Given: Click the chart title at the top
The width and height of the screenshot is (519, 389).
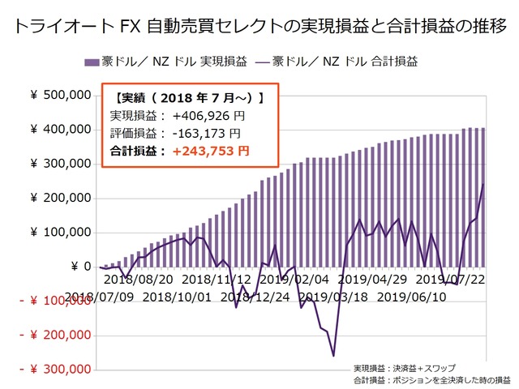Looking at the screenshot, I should tap(259, 26).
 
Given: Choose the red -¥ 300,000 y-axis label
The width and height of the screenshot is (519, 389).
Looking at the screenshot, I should tap(54, 370).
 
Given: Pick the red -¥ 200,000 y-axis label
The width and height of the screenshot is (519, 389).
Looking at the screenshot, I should tap(54, 336).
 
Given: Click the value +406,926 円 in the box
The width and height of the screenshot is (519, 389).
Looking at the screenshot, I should tap(209, 117).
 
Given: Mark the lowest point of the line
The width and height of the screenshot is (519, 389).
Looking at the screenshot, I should tap(333, 355).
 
